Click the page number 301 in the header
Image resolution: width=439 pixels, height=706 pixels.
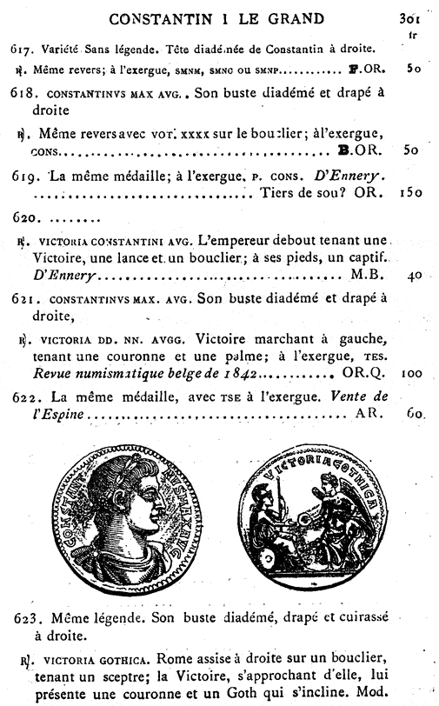pyautogui.click(x=409, y=17)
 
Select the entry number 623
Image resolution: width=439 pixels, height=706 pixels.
pyautogui.click(x=29, y=618)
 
